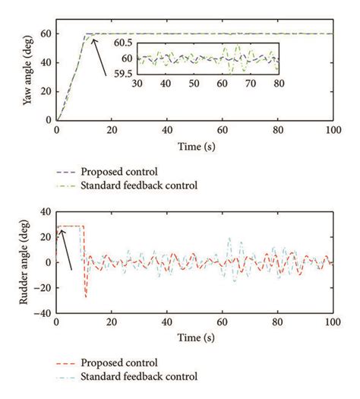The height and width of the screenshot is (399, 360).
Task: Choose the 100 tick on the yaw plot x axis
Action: pos(332,131)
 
